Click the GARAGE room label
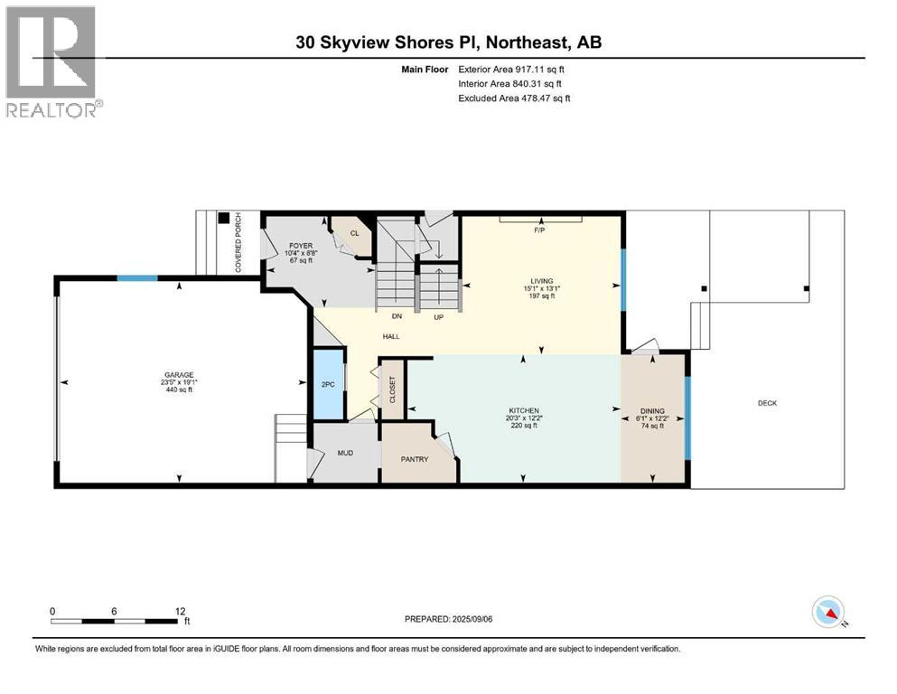pyautogui.click(x=178, y=375)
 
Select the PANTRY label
pyautogui.click(x=415, y=459)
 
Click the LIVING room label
pyautogui.click(x=542, y=281)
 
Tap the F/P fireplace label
pyautogui.click(x=541, y=230)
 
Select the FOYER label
pyautogui.click(x=301, y=246)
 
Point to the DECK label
pyautogui.click(x=767, y=404)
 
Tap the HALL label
pyautogui.click(x=390, y=336)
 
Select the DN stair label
pyautogui.click(x=396, y=317)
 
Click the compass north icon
pyautogui.click(x=827, y=612)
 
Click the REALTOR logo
pyautogui.click(x=52, y=61)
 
